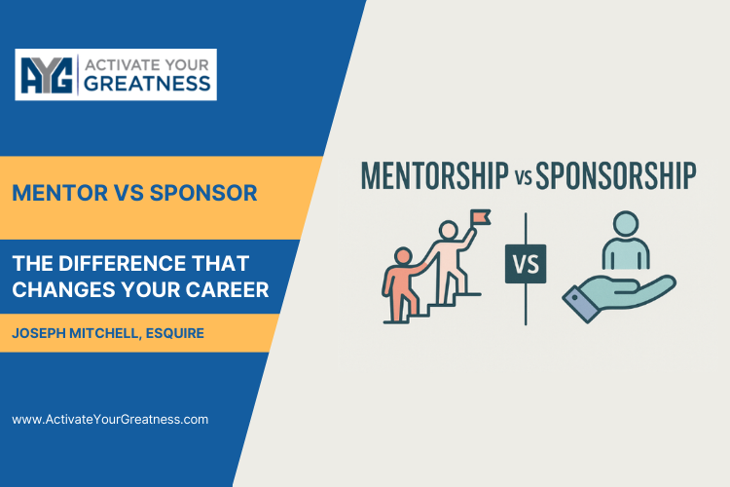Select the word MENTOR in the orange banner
pyautogui.click(x=56, y=193)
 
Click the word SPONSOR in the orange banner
pyautogui.click(x=205, y=193)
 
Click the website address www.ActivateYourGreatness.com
pyautogui.click(x=110, y=419)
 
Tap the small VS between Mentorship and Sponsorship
pyautogui.click(x=523, y=179)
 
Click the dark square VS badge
pyautogui.click(x=526, y=263)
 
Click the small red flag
pyautogui.click(x=481, y=217)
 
